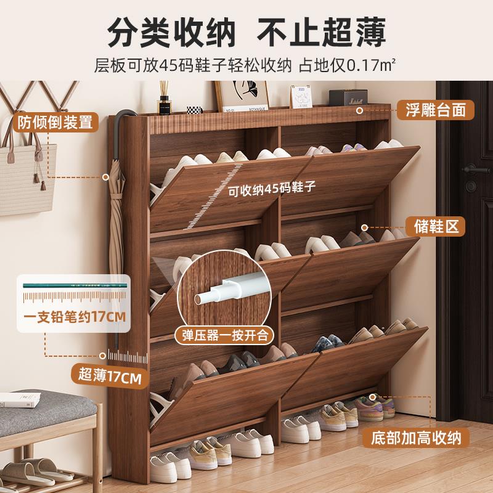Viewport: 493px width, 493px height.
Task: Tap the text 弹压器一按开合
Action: click(224, 336)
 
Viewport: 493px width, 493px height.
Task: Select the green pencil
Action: click(73, 286)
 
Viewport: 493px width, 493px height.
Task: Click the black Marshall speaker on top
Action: click(348, 99)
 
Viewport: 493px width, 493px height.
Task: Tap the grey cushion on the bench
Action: click(43, 405)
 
